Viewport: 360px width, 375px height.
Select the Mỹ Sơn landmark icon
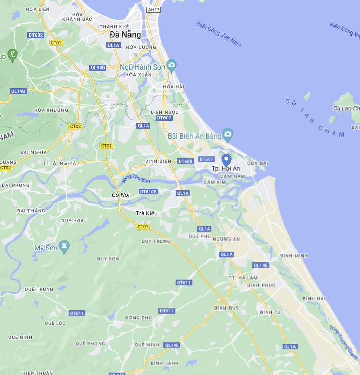click(x=64, y=247)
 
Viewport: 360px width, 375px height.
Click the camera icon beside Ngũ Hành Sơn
click(x=172, y=65)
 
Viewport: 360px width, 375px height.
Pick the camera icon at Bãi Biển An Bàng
click(x=228, y=135)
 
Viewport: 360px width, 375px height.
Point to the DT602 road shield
click(x=36, y=35)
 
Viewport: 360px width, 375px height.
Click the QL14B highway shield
click(x=97, y=67)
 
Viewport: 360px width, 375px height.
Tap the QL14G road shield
click(x=18, y=91)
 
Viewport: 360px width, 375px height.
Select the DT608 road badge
click(x=186, y=161)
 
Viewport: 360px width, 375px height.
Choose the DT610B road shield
click(x=149, y=192)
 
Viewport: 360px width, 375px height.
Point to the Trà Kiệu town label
click(x=147, y=213)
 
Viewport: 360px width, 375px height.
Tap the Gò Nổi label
click(x=121, y=195)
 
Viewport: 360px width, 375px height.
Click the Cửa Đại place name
click(x=257, y=163)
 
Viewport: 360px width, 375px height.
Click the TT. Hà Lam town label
click(x=243, y=278)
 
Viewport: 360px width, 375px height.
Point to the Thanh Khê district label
click(x=114, y=26)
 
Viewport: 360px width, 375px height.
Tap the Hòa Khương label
click(x=51, y=110)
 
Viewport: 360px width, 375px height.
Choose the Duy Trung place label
click(x=156, y=241)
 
